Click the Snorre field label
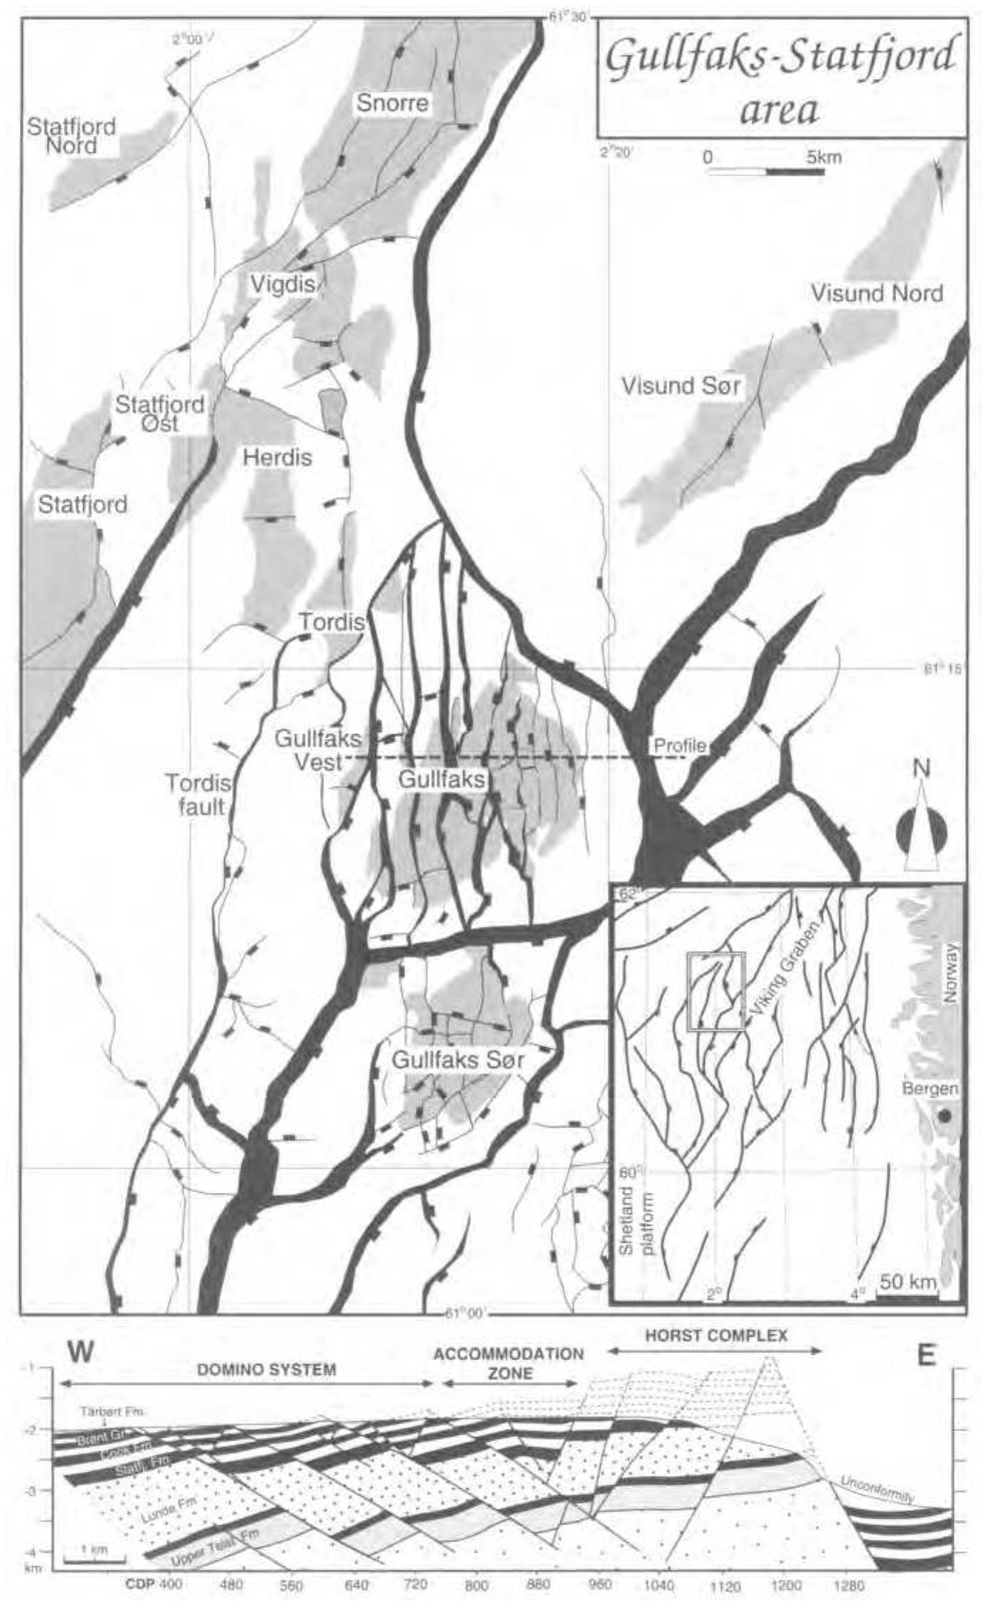tap(392, 103)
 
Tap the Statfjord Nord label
tap(71, 136)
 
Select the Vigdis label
tap(282, 285)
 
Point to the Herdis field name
tap(277, 457)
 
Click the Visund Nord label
tap(876, 293)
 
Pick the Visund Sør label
tap(681, 386)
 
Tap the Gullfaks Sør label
tap(458, 1060)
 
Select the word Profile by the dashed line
tap(680, 745)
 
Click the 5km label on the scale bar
tap(823, 157)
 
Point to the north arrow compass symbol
tap(922, 829)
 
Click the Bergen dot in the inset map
tap(944, 1116)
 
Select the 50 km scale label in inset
tap(908, 1282)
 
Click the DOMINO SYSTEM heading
tap(266, 1369)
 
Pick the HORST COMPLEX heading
tap(716, 1335)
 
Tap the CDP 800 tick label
tap(477, 1586)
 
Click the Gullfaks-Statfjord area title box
tap(781, 78)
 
